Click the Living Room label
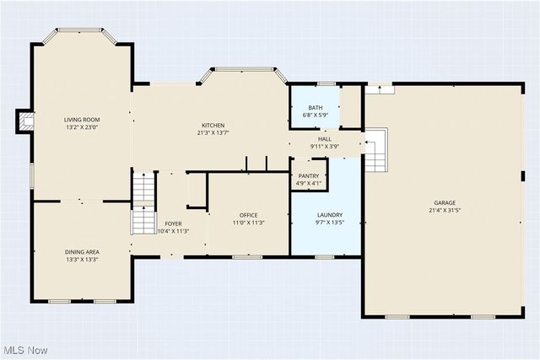82,120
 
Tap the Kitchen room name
213,125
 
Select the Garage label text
445,203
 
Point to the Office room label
248,215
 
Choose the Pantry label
309,175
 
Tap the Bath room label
315,108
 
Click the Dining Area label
82,252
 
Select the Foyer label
173,223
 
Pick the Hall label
324,139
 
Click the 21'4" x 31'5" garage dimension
445,211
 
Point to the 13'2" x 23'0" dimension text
82,127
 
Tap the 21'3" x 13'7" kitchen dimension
213,132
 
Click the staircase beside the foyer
144,202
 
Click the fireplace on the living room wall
26,123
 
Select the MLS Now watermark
25,350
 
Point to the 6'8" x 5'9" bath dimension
315,116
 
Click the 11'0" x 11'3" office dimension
248,223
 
